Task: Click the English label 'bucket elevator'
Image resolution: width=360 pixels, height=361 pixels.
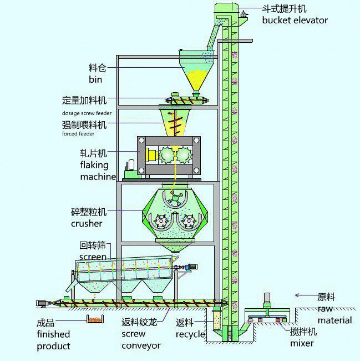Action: tap(295, 21)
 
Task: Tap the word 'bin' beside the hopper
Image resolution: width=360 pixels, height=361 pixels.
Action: tap(95, 80)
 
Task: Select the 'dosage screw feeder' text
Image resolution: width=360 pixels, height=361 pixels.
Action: tap(87, 113)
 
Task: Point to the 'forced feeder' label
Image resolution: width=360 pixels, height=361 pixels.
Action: tap(78, 134)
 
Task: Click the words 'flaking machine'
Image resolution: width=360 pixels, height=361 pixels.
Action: tap(94, 171)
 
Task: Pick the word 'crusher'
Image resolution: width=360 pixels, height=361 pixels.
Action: tap(87, 223)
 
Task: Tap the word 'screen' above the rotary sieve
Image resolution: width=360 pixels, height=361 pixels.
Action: tap(93, 257)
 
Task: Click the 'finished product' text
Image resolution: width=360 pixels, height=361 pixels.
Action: tap(53, 340)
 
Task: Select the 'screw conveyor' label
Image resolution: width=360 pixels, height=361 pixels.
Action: tap(141, 340)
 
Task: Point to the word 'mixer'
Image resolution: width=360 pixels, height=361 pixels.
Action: tap(302, 343)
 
